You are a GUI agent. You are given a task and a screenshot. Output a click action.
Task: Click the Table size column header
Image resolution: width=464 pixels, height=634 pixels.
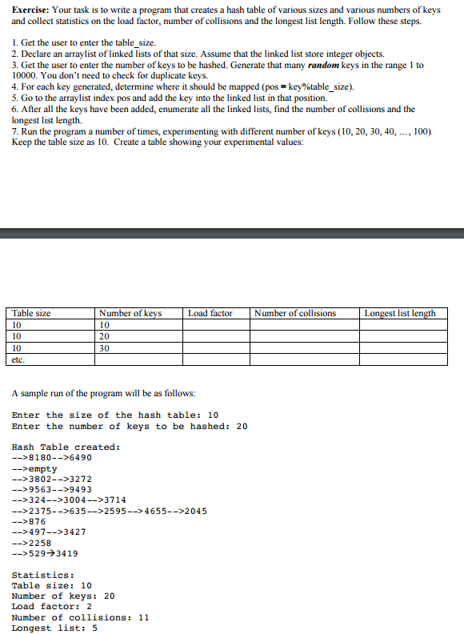tap(32, 313)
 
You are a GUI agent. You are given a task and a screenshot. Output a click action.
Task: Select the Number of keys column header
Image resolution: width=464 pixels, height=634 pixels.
tap(130, 313)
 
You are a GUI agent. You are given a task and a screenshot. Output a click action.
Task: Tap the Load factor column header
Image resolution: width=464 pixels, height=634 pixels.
tap(210, 313)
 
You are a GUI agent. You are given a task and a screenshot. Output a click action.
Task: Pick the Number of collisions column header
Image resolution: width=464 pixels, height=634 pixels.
tap(295, 313)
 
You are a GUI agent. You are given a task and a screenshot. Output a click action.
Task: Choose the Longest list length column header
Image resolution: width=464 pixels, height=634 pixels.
tap(400, 313)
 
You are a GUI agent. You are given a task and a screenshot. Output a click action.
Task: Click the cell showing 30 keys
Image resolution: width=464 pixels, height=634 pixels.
tap(105, 348)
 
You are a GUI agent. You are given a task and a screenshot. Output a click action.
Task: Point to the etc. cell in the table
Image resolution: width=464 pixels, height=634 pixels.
tap(20, 360)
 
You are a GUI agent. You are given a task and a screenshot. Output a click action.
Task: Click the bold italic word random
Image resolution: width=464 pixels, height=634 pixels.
tap(326, 64)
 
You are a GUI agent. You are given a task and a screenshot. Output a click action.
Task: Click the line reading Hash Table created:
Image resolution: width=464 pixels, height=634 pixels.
tap(66, 447)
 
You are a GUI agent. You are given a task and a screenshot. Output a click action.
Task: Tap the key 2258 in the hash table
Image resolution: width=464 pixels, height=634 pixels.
tap(40, 542)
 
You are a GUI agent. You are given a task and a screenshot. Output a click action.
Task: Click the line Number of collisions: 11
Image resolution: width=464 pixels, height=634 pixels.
tap(80, 617)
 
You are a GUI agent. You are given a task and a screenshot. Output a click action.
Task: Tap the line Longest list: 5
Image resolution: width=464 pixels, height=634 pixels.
tap(54, 628)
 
